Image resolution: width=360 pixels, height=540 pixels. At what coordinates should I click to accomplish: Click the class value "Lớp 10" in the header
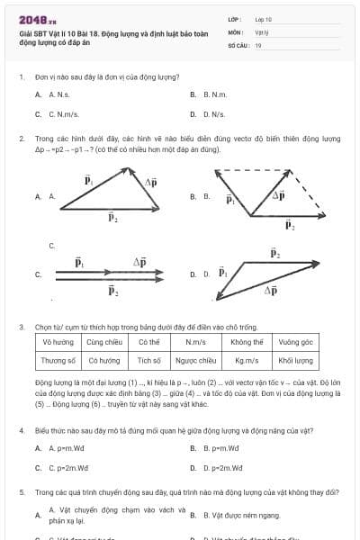(264, 18)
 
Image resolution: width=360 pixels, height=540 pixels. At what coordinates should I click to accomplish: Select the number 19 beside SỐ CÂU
(258, 45)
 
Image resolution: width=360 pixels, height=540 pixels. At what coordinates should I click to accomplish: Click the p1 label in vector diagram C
(80, 263)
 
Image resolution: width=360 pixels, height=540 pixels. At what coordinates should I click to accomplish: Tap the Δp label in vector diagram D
(270, 291)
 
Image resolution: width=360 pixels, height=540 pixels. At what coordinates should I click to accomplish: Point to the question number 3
(21, 327)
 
